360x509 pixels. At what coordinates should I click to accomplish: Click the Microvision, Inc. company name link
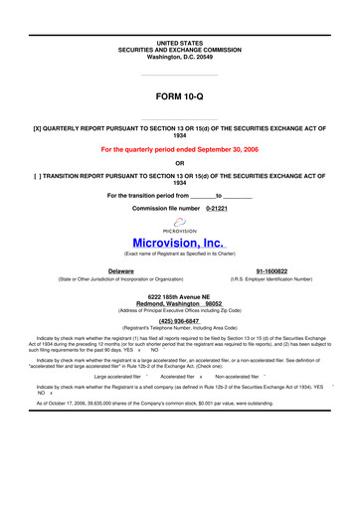[180, 242]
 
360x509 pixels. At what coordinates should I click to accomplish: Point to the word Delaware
[121, 270]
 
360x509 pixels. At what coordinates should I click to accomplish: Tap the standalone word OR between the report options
[179, 162]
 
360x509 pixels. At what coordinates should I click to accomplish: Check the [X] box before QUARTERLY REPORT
[38, 128]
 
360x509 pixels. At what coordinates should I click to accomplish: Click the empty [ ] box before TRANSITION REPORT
[38, 175]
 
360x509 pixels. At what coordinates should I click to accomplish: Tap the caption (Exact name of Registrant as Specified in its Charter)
[179, 256]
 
